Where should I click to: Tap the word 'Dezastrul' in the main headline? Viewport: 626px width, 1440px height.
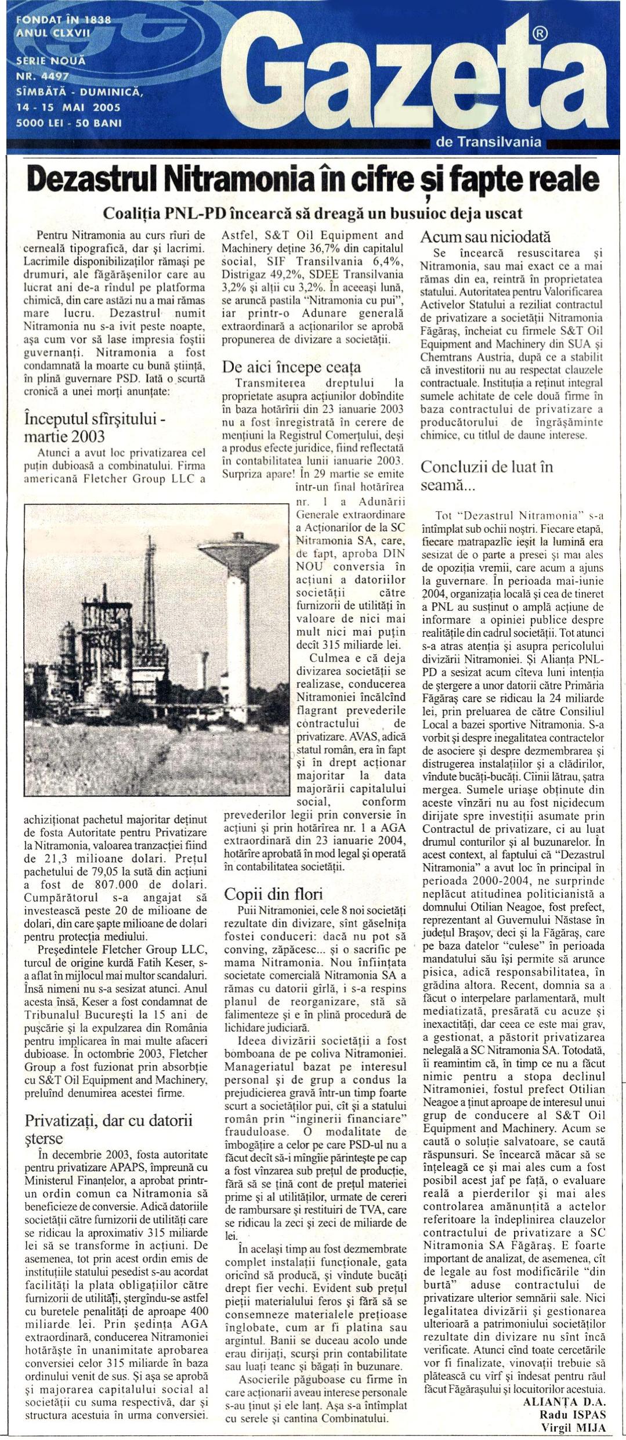(x=93, y=181)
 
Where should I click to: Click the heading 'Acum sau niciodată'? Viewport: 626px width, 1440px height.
(x=485, y=237)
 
